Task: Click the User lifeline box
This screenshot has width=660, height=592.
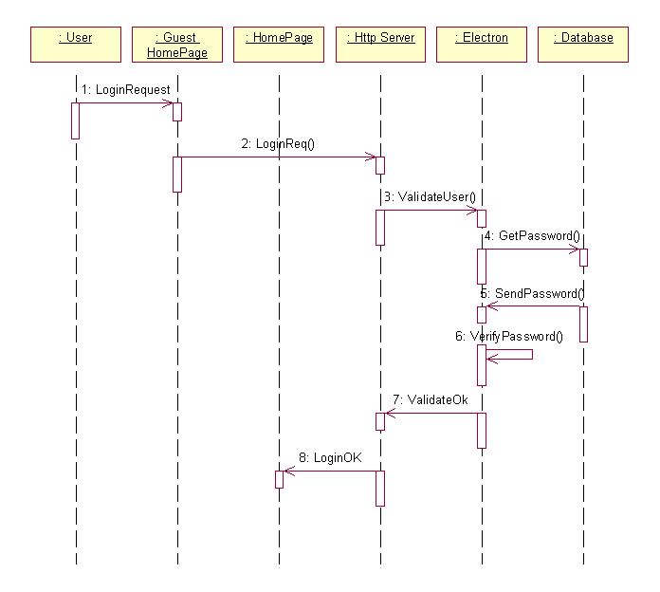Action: [x=76, y=44]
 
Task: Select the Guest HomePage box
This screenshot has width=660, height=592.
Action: [x=177, y=44]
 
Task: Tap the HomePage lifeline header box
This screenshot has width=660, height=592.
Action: [x=279, y=44]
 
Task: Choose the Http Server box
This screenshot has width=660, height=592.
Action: [x=380, y=44]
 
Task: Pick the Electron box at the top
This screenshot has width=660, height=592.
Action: [x=482, y=44]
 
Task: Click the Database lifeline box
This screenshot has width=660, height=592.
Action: [x=583, y=44]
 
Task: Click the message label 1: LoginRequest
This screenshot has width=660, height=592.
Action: [x=126, y=89]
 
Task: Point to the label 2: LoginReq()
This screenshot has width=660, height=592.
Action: [x=277, y=143]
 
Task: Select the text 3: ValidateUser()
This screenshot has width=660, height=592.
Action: [x=430, y=196]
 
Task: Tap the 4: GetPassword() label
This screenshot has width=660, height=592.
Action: [x=532, y=235]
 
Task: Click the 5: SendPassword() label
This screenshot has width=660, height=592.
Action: [x=532, y=292]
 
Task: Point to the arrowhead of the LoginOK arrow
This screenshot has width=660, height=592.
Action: [x=286, y=472]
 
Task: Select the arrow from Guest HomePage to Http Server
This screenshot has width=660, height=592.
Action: [x=279, y=157]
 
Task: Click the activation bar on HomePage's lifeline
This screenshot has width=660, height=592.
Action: [x=279, y=479]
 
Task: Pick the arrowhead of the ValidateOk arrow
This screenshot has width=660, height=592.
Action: [x=388, y=414]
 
